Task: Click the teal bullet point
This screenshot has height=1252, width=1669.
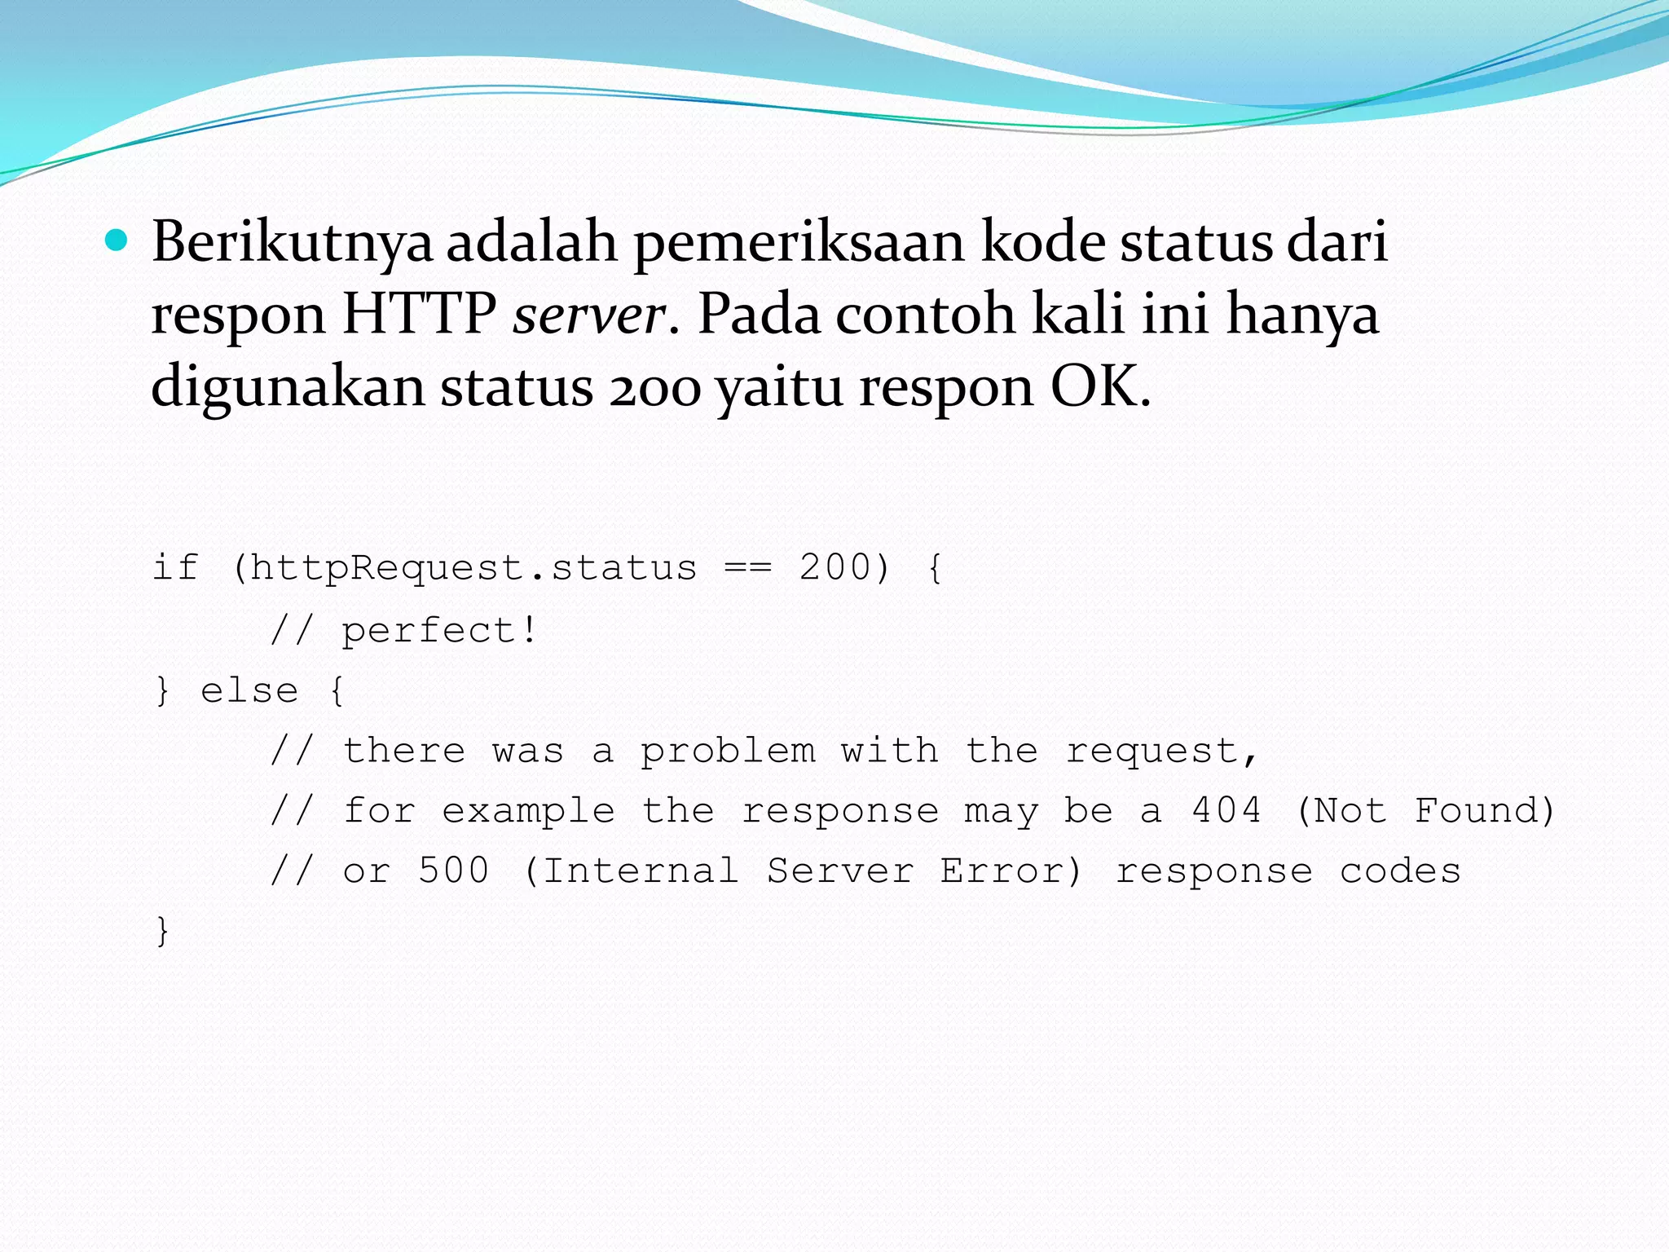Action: coord(117,241)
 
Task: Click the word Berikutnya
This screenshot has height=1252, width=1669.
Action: coord(291,243)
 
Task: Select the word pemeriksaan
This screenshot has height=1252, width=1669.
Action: coord(798,243)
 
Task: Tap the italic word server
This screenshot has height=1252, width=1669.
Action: coord(589,315)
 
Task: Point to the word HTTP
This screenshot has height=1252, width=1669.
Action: coord(419,315)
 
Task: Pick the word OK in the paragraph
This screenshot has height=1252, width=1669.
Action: coord(1099,386)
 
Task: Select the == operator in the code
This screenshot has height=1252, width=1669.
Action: coord(747,568)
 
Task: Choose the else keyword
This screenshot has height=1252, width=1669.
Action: coord(249,691)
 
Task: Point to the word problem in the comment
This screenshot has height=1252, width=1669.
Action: coord(728,752)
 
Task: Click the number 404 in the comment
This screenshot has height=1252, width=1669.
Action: coord(1226,811)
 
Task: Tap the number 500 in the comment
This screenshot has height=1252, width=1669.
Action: coord(453,871)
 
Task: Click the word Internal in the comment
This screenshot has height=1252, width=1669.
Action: coord(641,871)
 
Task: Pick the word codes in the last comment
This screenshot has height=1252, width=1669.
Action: coord(1400,871)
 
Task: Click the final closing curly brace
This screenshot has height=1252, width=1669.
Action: coord(162,931)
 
